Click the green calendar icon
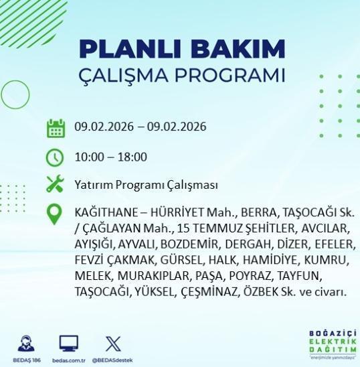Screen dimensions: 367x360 (x=55, y=127)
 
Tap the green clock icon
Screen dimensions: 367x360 (x=55, y=157)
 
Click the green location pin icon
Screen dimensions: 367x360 (x=55, y=215)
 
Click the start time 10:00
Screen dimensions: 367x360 (x=88, y=157)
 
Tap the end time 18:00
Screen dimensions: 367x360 (x=132, y=157)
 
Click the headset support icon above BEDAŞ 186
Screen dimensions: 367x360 (x=27, y=343)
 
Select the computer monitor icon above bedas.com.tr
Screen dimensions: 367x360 (x=69, y=343)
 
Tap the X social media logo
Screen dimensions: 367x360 (x=114, y=343)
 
